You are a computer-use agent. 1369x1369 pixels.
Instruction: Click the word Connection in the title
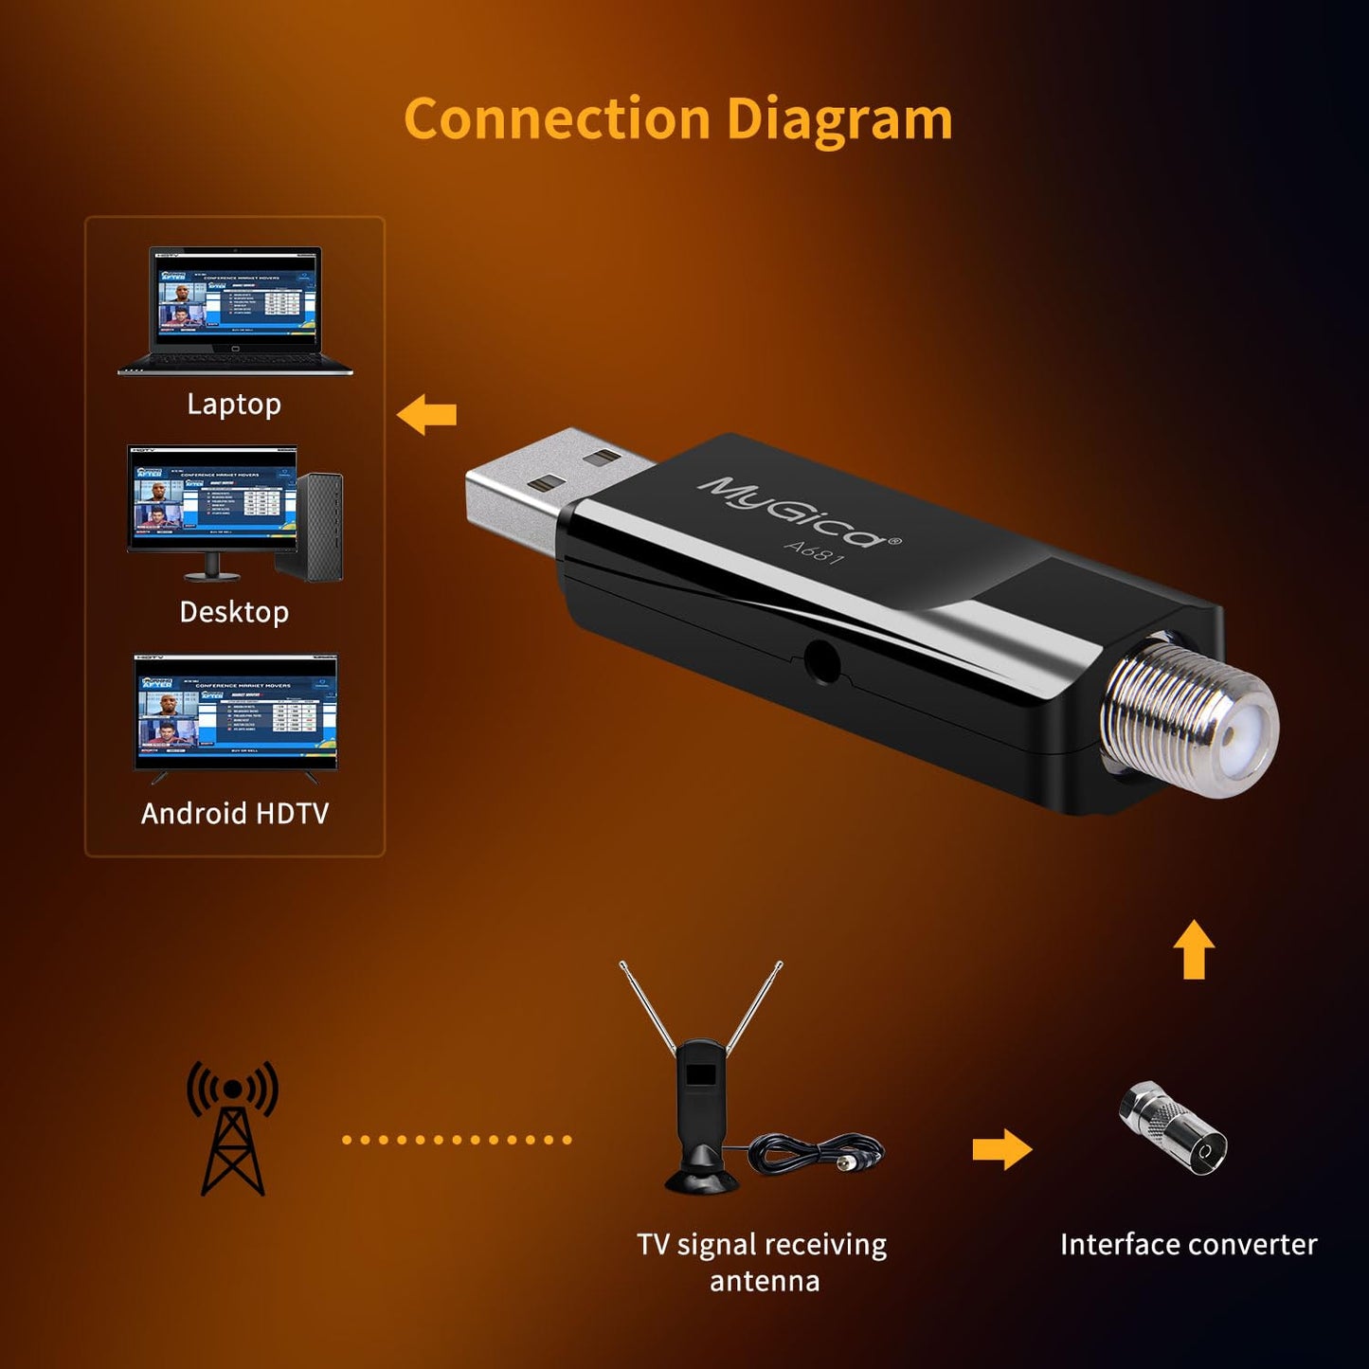click(x=556, y=119)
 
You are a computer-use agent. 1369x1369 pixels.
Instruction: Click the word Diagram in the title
click(x=839, y=121)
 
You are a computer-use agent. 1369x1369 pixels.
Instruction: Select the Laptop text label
click(x=234, y=405)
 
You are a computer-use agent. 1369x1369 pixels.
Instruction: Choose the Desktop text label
click(x=234, y=612)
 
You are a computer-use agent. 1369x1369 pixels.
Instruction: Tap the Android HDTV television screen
click(x=236, y=713)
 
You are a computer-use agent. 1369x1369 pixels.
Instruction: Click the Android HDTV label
click(x=235, y=814)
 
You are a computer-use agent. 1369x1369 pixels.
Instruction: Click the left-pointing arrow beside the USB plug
click(x=427, y=415)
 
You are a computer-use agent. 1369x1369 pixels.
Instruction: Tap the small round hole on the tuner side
click(x=821, y=661)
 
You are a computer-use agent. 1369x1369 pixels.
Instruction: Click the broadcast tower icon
click(x=232, y=1127)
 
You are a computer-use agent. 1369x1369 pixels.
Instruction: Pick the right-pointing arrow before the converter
click(x=1001, y=1149)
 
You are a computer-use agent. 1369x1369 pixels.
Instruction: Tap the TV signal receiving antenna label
click(x=763, y=1262)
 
